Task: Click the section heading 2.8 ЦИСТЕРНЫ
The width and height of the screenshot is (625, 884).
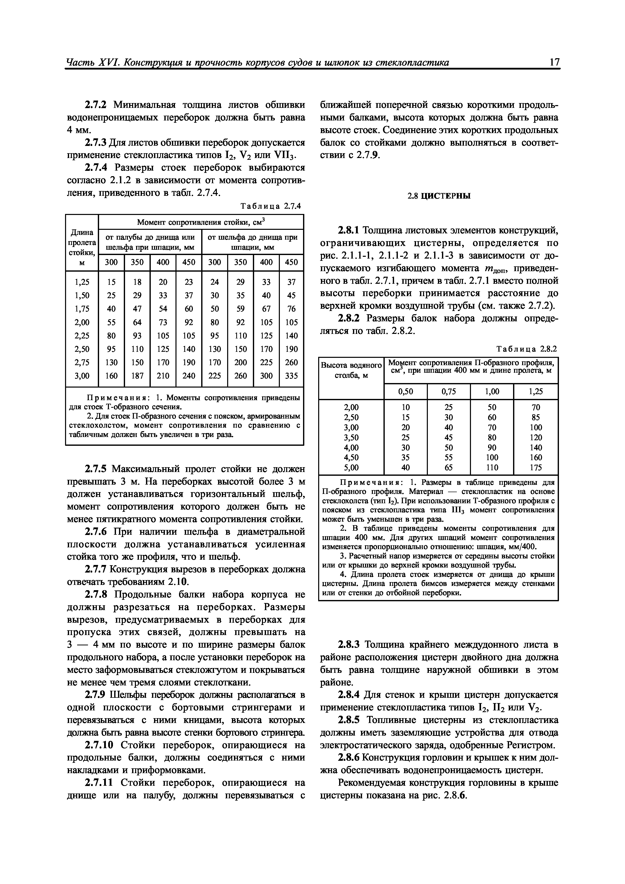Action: [439, 196]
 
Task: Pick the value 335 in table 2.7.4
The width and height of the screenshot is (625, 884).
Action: [291, 375]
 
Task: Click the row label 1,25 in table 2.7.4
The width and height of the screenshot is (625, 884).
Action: [82, 282]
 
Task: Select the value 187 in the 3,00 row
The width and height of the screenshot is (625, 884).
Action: [137, 375]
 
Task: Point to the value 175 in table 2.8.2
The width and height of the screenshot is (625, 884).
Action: [535, 467]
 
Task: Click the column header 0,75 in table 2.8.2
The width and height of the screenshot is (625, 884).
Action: [449, 392]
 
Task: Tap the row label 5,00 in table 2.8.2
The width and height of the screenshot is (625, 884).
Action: [351, 467]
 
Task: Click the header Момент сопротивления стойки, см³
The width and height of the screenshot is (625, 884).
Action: [201, 222]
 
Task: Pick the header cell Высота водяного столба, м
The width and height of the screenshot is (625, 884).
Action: [351, 370]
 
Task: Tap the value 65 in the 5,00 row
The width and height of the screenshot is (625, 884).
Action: [449, 467]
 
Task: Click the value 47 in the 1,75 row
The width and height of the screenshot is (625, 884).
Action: [137, 309]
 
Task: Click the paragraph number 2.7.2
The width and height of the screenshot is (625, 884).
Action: [96, 105]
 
